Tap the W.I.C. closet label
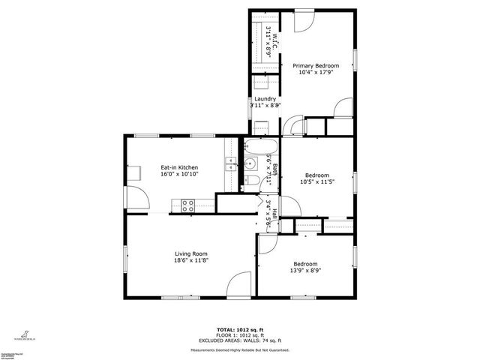click(272, 39)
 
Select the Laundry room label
click(265, 99)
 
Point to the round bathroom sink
click(252, 164)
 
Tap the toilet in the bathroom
click(253, 181)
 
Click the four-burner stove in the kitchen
click(187, 203)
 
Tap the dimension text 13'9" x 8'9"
click(305, 271)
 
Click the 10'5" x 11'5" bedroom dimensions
click(316, 181)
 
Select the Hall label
click(274, 213)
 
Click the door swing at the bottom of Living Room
click(239, 283)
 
